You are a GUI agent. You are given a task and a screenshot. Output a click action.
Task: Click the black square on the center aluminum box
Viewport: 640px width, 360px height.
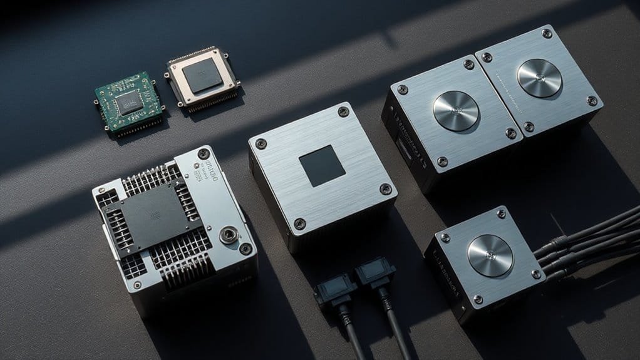[321, 167]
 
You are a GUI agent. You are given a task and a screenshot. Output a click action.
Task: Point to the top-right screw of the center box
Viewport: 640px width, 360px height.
[343, 112]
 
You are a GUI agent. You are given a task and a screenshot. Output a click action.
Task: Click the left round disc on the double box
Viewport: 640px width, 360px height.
[456, 110]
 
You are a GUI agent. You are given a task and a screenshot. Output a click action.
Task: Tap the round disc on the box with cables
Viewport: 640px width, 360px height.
[490, 255]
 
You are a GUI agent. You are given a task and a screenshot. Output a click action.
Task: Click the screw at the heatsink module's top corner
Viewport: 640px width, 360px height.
[202, 153]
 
